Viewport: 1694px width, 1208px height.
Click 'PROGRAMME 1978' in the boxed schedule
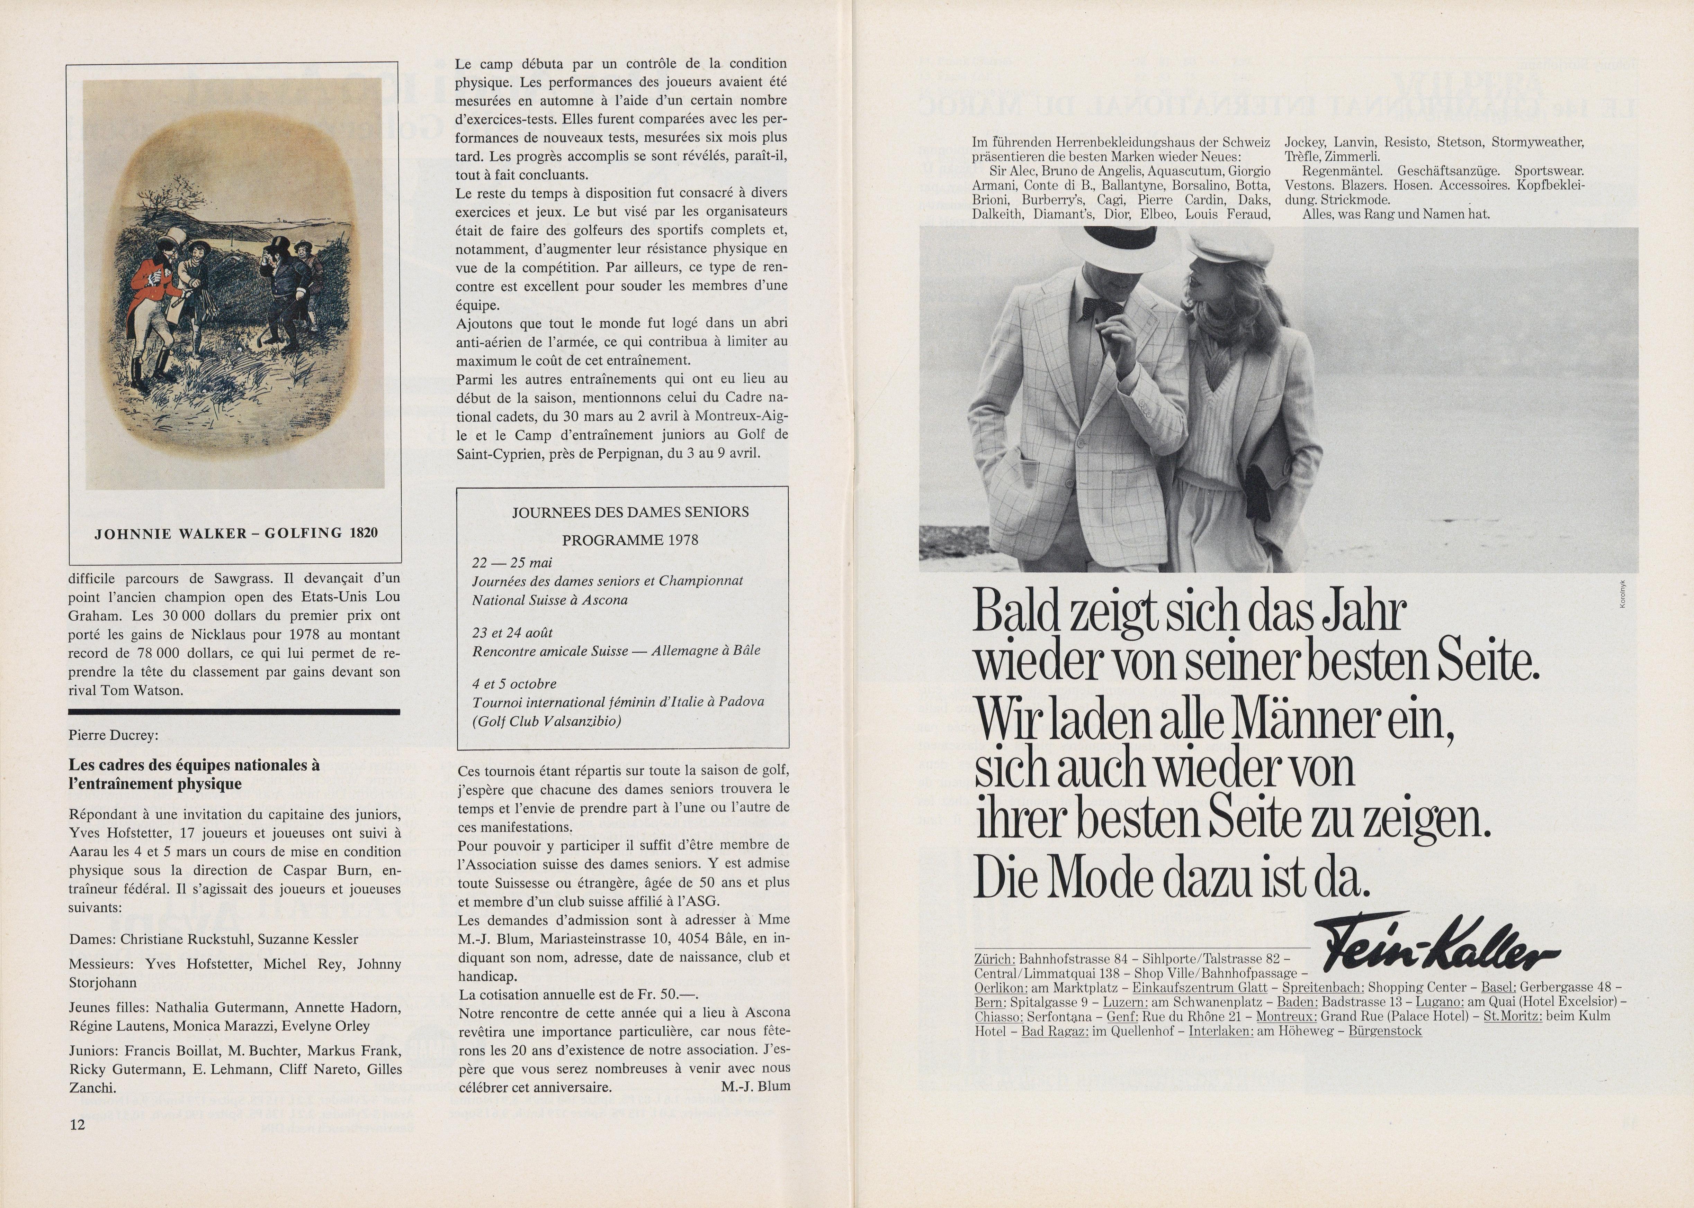point(630,540)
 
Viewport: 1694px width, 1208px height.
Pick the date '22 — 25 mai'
point(512,562)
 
